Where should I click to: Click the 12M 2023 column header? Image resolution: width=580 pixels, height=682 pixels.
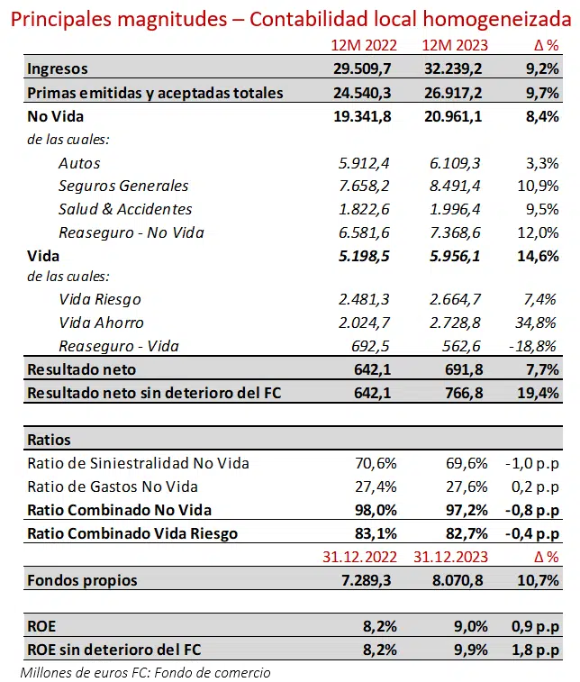[x=455, y=46]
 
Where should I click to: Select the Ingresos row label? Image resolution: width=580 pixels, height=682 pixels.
[x=58, y=68]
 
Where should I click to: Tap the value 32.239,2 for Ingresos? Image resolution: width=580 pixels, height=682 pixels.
[x=455, y=68]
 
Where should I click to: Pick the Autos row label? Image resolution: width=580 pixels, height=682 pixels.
[x=79, y=163]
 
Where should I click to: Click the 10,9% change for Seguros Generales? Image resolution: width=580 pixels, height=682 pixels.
[x=538, y=186]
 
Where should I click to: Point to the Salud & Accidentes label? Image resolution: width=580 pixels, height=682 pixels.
[x=125, y=209]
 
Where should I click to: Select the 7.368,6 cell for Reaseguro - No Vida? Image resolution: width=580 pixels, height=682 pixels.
[x=458, y=232]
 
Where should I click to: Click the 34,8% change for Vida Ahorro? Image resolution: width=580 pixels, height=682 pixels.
[x=538, y=323]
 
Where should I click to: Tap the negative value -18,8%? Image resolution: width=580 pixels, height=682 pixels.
[x=535, y=346]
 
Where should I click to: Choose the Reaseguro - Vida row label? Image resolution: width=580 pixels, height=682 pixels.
[x=119, y=346]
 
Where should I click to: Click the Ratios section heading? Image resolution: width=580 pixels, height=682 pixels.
[x=50, y=440]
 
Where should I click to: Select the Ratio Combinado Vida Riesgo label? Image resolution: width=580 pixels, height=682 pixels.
[x=132, y=533]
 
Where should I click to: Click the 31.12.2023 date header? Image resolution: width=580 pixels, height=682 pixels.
[x=448, y=556]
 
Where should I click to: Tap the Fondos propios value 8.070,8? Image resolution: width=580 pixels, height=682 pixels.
[x=458, y=580]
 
